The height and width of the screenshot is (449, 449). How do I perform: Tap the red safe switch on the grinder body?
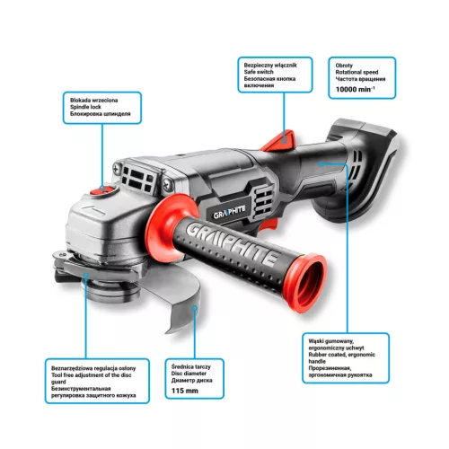[286, 141]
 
